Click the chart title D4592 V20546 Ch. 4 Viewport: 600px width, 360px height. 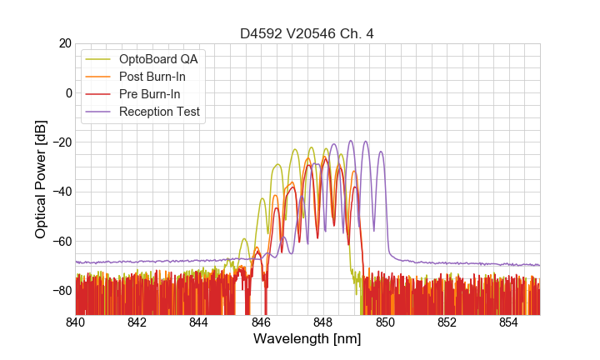(x=307, y=34)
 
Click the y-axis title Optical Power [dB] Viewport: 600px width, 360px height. (x=41, y=179)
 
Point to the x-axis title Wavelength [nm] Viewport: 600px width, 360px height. (x=307, y=339)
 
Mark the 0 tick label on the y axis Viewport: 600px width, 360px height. (x=68, y=92)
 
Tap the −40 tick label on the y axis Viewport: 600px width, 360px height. (x=61, y=192)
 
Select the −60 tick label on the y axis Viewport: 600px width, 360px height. (x=61, y=241)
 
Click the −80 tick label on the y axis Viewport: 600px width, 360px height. (x=61, y=290)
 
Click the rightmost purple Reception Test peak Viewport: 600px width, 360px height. (x=381, y=152)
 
